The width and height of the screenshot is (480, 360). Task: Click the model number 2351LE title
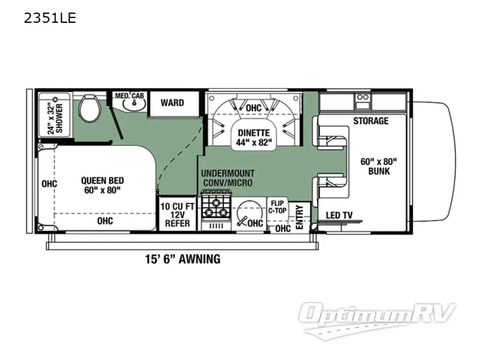pos(50,18)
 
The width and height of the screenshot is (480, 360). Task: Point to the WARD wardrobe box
pos(172,103)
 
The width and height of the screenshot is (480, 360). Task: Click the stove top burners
pos(214,207)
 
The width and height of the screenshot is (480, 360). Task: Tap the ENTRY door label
pos(301,218)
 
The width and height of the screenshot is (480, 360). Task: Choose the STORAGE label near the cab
pos(370,121)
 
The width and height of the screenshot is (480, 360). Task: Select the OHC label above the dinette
pos(254,108)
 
